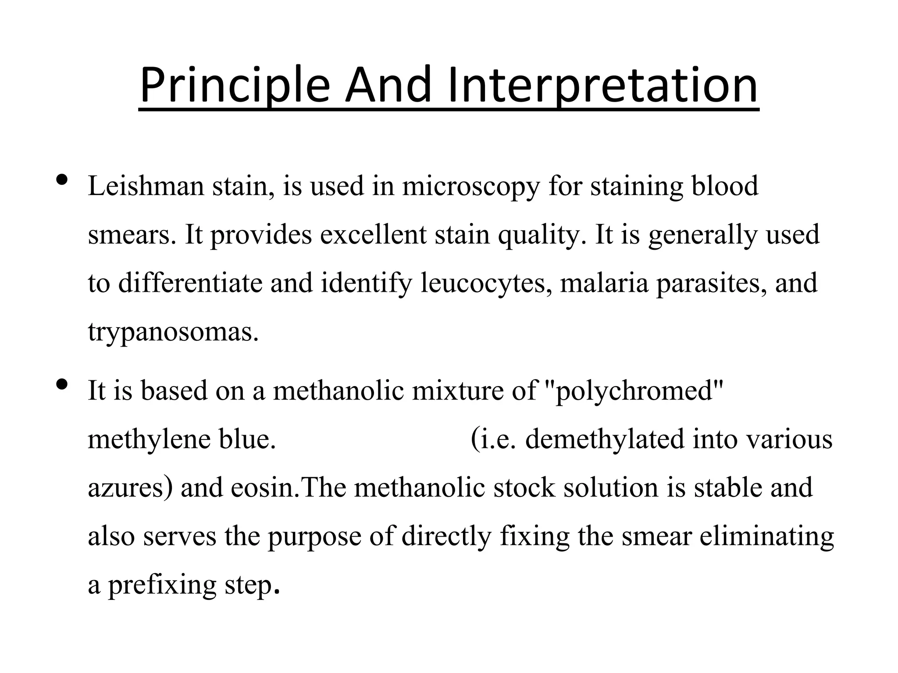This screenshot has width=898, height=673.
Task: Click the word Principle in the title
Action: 235,85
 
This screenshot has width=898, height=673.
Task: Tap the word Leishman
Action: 146,186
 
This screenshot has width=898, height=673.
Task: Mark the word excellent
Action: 373,234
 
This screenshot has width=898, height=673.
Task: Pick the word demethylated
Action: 605,439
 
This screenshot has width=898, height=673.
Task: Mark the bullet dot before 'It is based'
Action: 63,384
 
